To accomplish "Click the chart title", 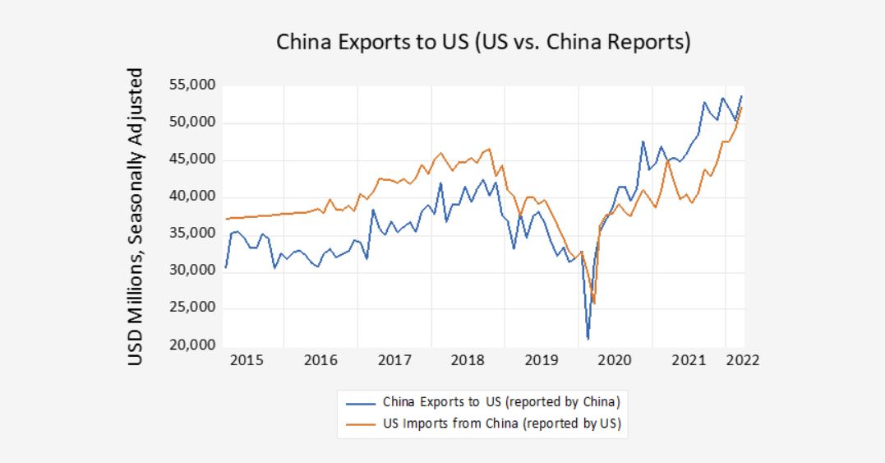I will [x=482, y=42].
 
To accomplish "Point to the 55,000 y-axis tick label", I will [x=191, y=86].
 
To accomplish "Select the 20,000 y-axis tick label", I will [x=191, y=345].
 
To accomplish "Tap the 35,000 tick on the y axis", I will [x=191, y=234].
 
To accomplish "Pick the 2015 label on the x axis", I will [x=247, y=360].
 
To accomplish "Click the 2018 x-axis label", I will [x=468, y=360].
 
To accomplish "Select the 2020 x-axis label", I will [x=614, y=360].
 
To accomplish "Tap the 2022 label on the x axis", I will [x=742, y=360].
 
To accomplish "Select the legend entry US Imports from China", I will [x=500, y=424].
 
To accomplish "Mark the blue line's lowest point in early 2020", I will [x=588, y=338].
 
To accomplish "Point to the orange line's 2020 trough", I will [x=593, y=303].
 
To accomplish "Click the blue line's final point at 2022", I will [x=742, y=96].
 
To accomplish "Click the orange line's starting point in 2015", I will [x=225, y=219].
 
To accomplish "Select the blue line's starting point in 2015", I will [x=225, y=268].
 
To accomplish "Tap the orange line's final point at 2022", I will [x=742, y=108].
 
